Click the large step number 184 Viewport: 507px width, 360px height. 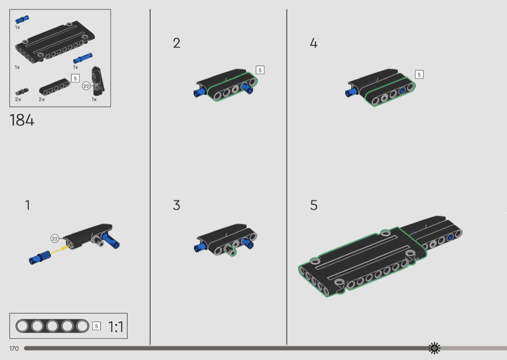click(22, 120)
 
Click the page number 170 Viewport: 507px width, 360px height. click(14, 348)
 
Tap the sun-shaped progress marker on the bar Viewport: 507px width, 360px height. click(434, 348)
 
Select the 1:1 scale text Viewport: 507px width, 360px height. click(115, 327)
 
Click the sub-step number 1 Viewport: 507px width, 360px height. click(28, 205)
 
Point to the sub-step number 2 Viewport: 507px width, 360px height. click(177, 43)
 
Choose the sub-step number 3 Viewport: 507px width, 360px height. click(177, 205)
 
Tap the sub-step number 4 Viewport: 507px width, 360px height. click(314, 43)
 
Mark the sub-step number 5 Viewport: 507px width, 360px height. click(314, 205)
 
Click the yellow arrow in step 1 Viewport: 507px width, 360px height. click(60, 250)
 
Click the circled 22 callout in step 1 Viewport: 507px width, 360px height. click(55, 238)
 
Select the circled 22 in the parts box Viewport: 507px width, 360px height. click(86, 86)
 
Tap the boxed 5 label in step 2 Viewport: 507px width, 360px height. click(260, 70)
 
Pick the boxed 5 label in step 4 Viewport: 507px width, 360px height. click(419, 75)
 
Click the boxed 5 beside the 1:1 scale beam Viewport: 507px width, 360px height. click(97, 326)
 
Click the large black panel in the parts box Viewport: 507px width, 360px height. click(56, 42)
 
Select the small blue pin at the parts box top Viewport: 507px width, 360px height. click(22, 19)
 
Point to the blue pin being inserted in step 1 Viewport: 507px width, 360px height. click(40, 258)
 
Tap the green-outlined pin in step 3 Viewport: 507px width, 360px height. click(230, 249)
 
